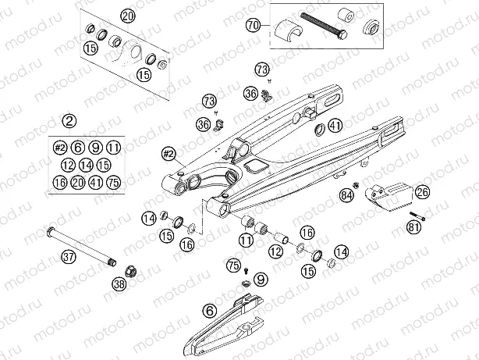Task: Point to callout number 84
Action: (346, 194)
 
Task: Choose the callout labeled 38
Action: (119, 286)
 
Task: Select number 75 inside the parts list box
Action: (114, 184)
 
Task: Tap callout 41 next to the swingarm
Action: (335, 126)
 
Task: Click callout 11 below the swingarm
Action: (246, 241)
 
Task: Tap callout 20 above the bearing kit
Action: (127, 16)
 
